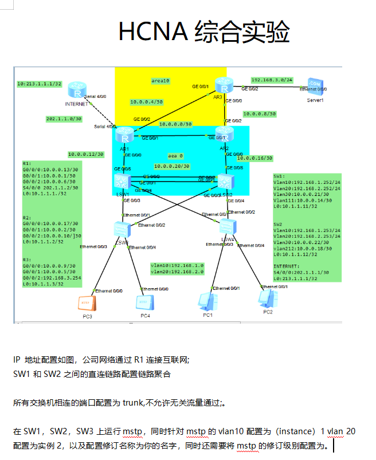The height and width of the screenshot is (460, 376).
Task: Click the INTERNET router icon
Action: tap(76, 90)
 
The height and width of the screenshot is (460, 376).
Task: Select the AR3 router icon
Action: tap(224, 85)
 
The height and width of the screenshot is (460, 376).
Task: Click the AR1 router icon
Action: tap(124, 136)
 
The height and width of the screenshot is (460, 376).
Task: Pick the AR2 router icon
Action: tap(224, 135)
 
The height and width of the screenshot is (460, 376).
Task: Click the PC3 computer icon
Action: tap(86, 302)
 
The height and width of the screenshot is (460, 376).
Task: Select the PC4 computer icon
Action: tap(144, 302)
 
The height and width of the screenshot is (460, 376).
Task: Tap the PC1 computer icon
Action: tap(206, 300)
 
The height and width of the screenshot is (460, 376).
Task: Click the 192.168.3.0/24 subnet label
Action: tap(272, 80)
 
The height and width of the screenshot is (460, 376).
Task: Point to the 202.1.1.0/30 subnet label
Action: tap(64, 119)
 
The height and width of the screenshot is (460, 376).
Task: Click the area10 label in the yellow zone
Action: tap(160, 81)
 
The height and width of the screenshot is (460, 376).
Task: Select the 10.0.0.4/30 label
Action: tap(146, 102)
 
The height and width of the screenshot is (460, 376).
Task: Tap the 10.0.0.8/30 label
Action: tap(260, 114)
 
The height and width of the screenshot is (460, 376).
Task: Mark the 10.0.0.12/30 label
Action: tap(86, 154)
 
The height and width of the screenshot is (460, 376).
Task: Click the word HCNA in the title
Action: tap(152, 32)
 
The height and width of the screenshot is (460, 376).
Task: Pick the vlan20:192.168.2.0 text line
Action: tap(177, 272)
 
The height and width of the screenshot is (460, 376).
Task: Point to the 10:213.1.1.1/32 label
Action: tap(40, 84)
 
